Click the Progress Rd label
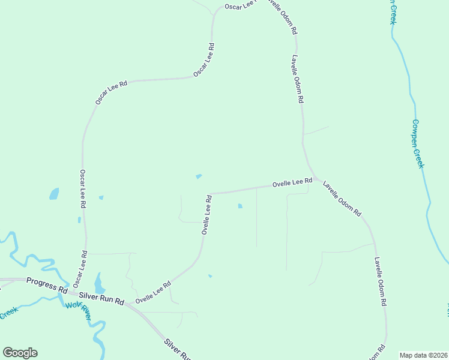click(46, 285)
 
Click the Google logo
click(20, 353)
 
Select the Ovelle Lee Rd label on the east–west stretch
click(292, 182)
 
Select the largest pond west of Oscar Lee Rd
click(54, 194)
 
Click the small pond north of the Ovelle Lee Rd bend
click(199, 176)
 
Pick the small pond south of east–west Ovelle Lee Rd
click(240, 206)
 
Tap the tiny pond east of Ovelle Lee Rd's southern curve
click(209, 276)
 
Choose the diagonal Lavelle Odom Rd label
click(342, 198)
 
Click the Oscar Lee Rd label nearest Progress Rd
click(80, 268)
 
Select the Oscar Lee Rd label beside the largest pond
click(83, 188)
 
